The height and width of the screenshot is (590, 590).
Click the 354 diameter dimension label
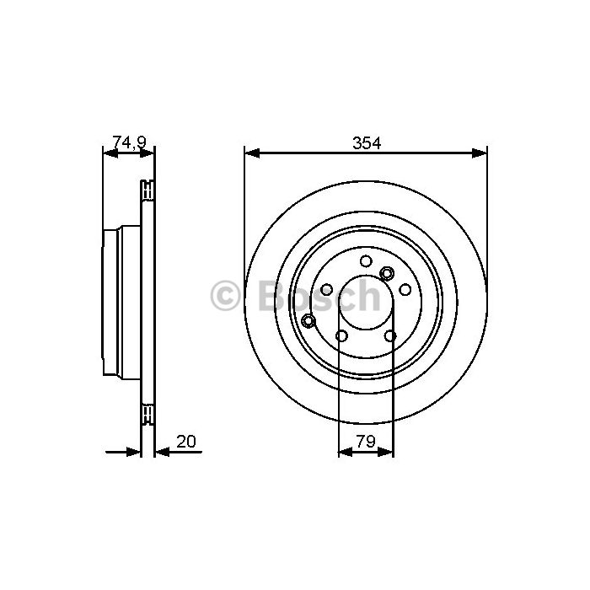click(x=367, y=143)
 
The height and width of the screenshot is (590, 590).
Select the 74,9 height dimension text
click(x=129, y=142)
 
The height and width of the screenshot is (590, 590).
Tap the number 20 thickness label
click(x=186, y=442)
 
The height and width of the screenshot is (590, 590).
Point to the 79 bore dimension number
click(x=366, y=442)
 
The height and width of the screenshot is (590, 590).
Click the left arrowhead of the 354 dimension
click(x=252, y=153)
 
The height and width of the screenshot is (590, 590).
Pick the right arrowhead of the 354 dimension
click(x=480, y=153)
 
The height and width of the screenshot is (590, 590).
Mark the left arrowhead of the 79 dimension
click(x=346, y=452)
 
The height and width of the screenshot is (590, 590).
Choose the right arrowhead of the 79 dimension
click(x=386, y=452)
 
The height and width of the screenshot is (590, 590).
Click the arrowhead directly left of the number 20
click(x=163, y=452)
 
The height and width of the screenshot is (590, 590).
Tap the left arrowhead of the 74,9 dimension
click(x=110, y=153)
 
